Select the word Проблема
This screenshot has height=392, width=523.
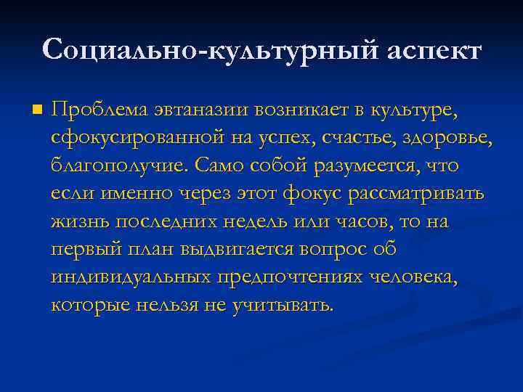pyautogui.click(x=100, y=110)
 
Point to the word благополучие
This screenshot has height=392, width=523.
pyautogui.click(x=119, y=166)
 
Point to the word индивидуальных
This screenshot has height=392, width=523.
pyautogui.click(x=131, y=277)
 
